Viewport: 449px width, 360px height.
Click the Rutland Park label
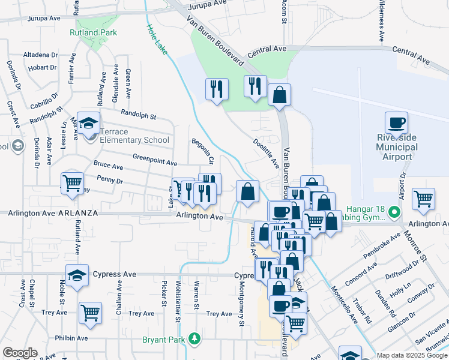[x=93, y=32]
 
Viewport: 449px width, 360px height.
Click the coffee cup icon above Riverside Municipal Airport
[x=396, y=124]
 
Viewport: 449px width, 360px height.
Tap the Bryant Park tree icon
[x=194, y=339]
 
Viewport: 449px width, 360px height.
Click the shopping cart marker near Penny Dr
[x=73, y=183]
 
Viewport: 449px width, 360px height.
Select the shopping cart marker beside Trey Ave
[x=90, y=313]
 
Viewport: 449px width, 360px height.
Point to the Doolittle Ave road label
[x=267, y=153]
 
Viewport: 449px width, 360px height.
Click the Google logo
[x=20, y=353]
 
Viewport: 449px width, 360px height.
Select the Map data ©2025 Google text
[x=412, y=355]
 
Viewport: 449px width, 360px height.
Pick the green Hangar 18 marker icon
[x=394, y=211]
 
